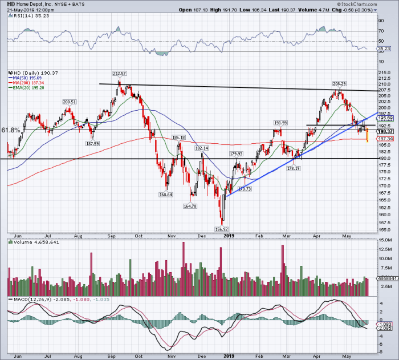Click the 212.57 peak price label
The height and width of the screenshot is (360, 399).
tap(119, 74)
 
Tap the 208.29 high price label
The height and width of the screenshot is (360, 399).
tap(340, 83)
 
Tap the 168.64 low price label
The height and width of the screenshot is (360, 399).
tap(166, 195)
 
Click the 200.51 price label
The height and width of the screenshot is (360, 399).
tap(70, 102)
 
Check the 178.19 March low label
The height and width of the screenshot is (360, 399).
tap(293, 169)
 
